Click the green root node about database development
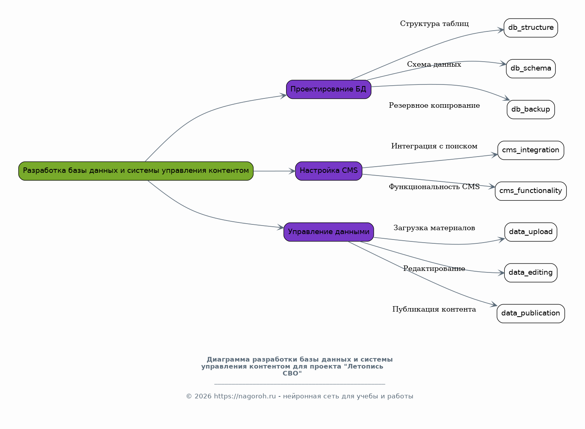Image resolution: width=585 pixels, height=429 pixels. pos(136,171)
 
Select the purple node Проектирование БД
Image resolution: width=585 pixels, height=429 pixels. pos(328,90)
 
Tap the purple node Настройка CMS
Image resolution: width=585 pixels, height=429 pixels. pos(328,171)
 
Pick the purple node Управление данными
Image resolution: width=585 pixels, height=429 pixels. pos(328,232)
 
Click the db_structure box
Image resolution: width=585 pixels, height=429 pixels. pos(530,28)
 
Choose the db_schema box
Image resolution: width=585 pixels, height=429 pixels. pos(530,69)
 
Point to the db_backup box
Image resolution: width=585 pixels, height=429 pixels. pos(530,110)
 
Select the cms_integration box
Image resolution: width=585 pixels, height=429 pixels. pos(530,150)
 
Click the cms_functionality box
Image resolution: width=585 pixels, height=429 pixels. pos(530,191)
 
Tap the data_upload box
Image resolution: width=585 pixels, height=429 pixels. pos(530,232)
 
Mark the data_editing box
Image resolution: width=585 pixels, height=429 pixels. pos(530,273)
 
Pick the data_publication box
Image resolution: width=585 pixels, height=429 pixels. pos(530,314)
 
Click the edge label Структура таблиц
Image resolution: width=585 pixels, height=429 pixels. pos(434,24)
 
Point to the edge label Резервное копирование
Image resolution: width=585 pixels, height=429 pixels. pos(434,106)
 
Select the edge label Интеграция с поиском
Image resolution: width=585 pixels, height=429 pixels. pos(434,146)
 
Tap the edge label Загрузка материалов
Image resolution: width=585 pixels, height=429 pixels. pos(434,228)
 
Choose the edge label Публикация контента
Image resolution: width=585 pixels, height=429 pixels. pos(434,310)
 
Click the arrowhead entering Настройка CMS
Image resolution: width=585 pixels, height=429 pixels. pos(292,171)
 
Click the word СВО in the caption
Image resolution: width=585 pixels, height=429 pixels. pos(292,374)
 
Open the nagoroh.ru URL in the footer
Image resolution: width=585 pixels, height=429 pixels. pos(245,396)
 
